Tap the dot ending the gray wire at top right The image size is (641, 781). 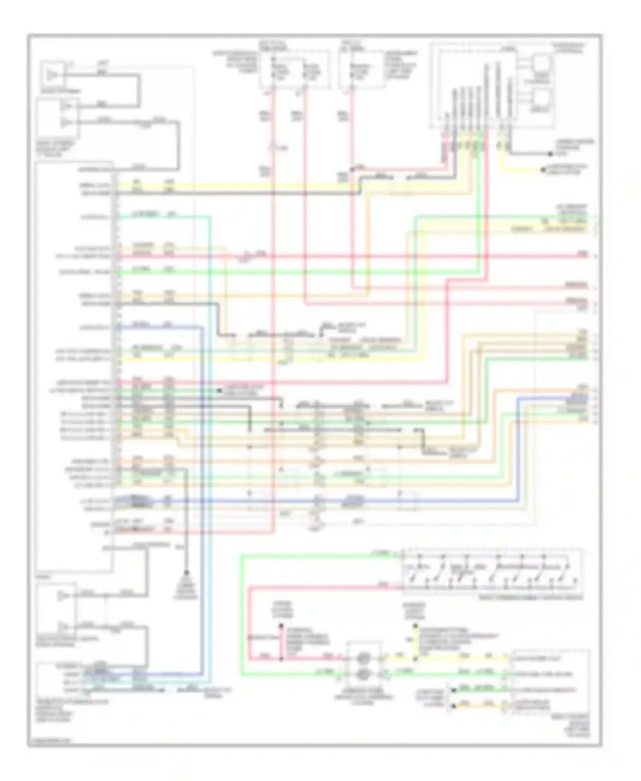[x=550, y=154]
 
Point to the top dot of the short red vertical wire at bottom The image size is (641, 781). [x=281, y=627]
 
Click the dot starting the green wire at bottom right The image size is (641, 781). [x=453, y=690]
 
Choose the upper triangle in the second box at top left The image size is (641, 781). [x=65, y=106]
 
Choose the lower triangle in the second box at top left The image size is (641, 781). [x=65, y=123]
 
